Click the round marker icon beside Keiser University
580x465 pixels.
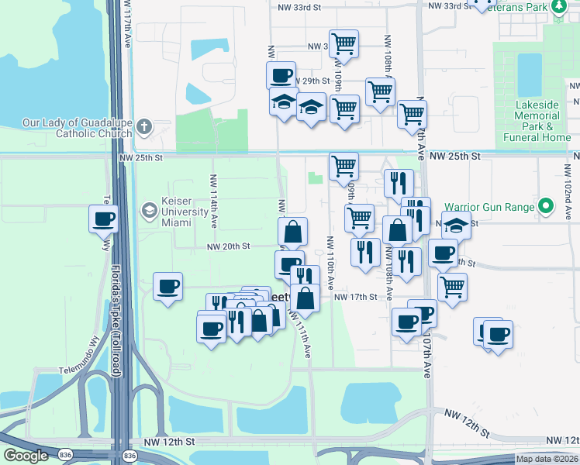(x=148, y=209)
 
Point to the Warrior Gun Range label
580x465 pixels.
(x=489, y=207)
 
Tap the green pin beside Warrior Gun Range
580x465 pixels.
(x=547, y=207)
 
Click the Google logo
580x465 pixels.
(x=26, y=456)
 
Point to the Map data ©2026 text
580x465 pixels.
(x=547, y=459)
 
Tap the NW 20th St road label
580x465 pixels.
(x=228, y=246)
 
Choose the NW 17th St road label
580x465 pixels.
(x=355, y=297)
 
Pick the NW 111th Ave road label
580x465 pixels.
(x=300, y=333)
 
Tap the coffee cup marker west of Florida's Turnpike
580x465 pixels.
(x=103, y=219)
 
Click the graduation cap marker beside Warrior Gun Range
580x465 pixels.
(x=457, y=226)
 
